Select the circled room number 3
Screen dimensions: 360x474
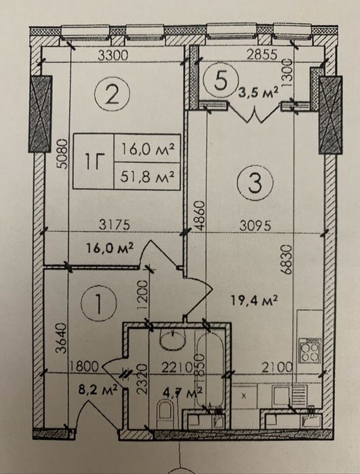[255, 182]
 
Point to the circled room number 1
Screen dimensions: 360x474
[99, 303]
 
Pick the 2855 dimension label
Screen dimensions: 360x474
[262, 54]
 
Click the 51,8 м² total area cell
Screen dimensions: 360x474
[148, 176]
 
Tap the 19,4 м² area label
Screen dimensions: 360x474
[254, 300]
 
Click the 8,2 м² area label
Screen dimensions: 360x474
[98, 390]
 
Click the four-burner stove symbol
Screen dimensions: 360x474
[309, 351]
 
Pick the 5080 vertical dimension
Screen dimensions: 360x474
[62, 153]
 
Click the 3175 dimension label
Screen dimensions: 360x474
[115, 225]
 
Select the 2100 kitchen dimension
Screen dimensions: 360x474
[277, 368]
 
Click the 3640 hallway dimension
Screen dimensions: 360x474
[62, 338]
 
